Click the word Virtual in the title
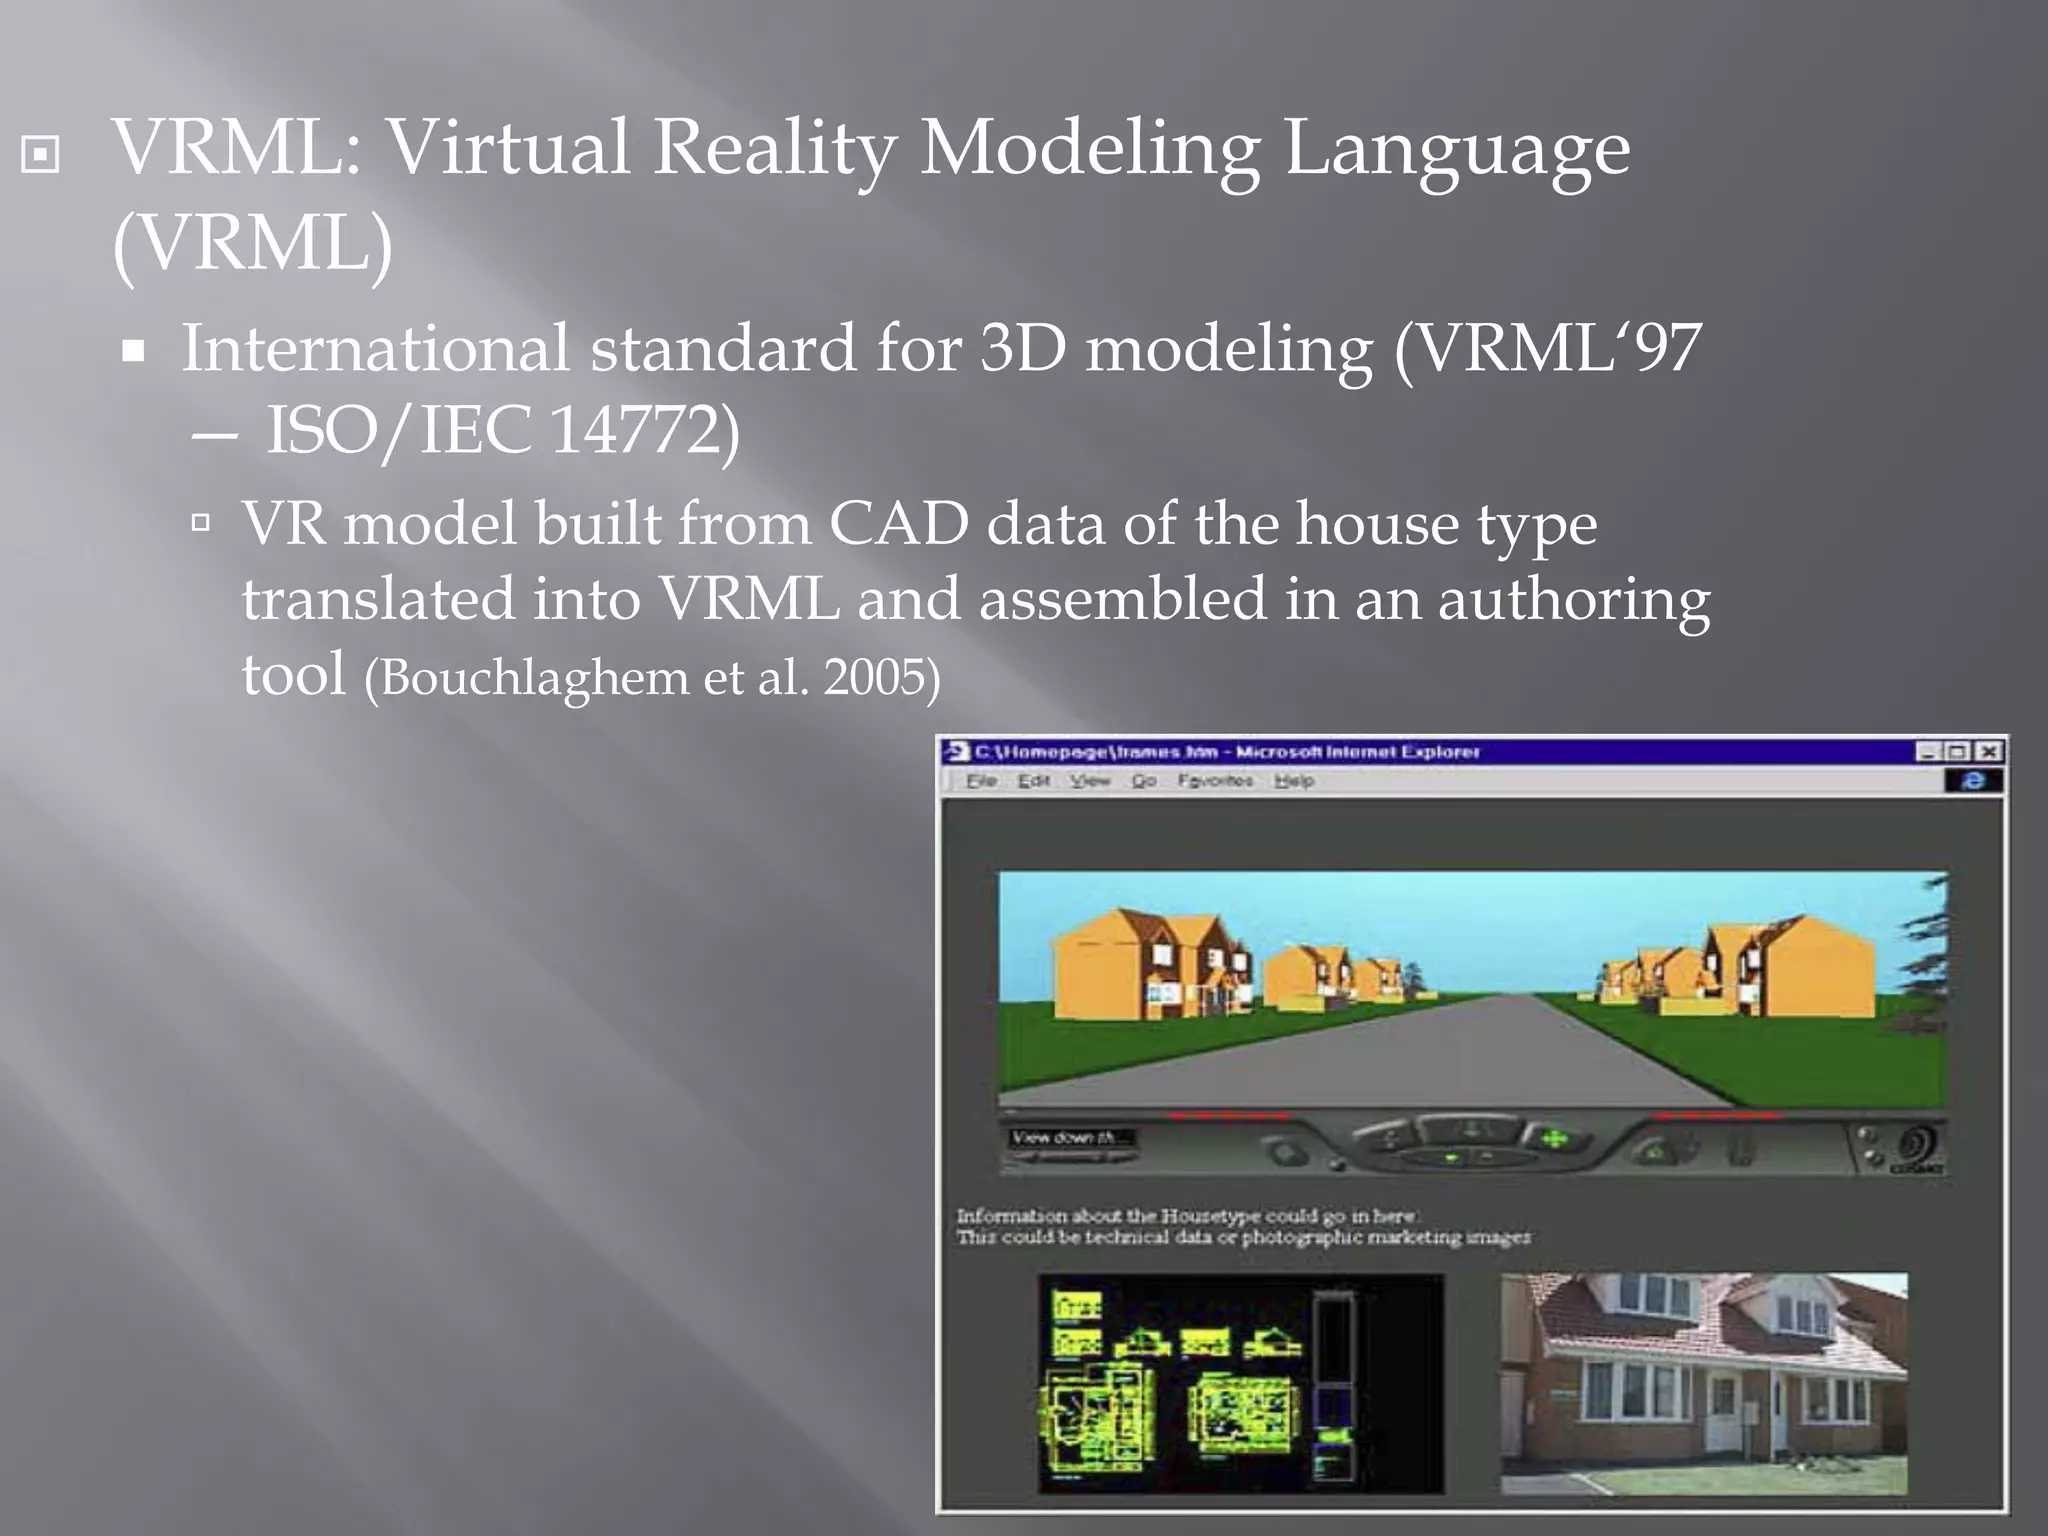click(x=509, y=148)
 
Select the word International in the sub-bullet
click(x=375, y=348)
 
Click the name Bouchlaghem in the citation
click(x=534, y=678)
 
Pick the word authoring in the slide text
click(x=1573, y=600)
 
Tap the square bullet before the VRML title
click(x=40, y=154)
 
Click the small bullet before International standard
click(x=134, y=351)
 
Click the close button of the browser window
click(x=1989, y=751)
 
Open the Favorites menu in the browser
click(x=1214, y=781)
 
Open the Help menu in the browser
click(x=1294, y=781)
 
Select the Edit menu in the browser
click(x=1034, y=781)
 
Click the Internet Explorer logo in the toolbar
click(x=1972, y=781)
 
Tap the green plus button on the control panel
click(x=1553, y=1138)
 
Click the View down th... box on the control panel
click(x=1067, y=1138)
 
